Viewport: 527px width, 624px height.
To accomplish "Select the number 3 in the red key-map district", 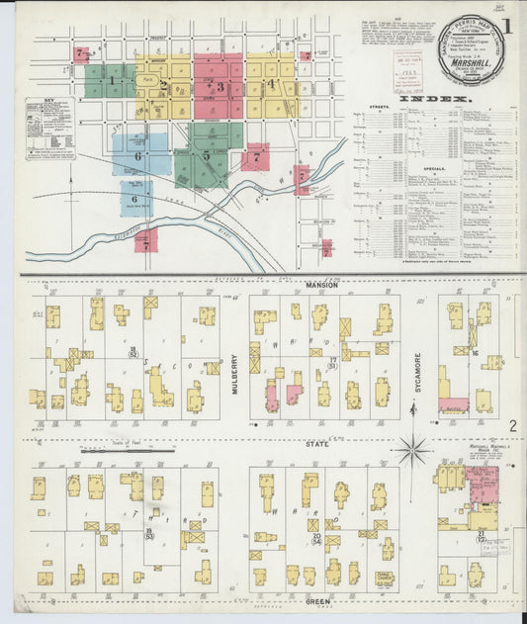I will [x=220, y=87].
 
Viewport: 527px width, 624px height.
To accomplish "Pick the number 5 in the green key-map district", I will [x=206, y=155].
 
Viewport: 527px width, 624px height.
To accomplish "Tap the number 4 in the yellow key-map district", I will [x=271, y=84].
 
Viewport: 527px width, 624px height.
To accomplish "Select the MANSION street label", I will [x=322, y=285].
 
